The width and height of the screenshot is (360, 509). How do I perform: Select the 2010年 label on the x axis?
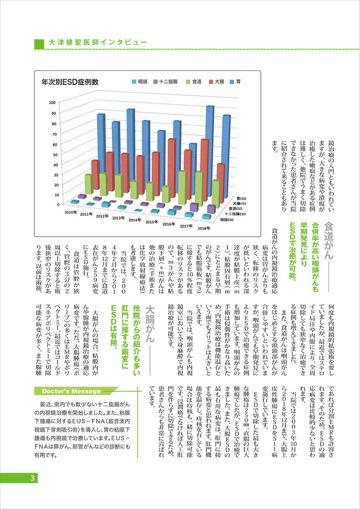[70, 211]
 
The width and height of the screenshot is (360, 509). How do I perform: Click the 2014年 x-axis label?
[135, 220]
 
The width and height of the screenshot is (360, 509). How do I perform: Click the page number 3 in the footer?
[32, 479]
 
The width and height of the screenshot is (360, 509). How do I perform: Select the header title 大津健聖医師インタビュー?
[97, 43]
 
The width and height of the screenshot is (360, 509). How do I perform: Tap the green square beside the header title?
[39, 43]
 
